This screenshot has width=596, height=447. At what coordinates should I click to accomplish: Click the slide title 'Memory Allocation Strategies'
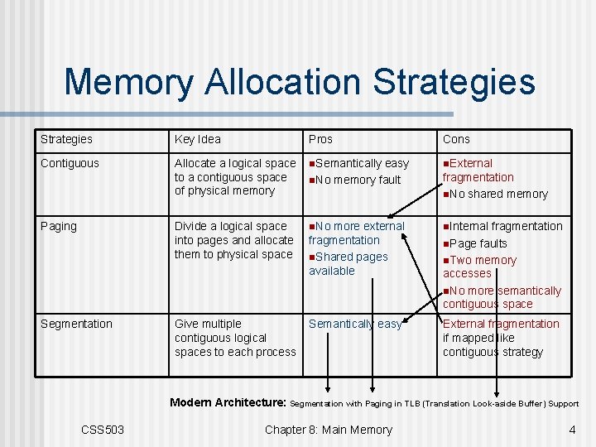299,82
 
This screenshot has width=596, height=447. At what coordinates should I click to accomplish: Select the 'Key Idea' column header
197,139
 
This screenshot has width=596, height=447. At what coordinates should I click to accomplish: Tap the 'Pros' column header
320,139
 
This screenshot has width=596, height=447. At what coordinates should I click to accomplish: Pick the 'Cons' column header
456,139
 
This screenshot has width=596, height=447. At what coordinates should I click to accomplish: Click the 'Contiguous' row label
70,163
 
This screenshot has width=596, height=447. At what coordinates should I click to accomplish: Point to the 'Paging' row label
58,226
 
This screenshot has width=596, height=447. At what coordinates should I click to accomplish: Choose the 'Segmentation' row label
76,324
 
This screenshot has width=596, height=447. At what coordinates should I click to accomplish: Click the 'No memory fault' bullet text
357,180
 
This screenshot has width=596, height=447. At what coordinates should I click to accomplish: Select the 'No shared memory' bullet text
497,194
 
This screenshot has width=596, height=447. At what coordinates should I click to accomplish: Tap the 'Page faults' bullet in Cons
478,243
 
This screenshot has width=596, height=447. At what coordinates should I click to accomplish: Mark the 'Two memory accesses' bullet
480,267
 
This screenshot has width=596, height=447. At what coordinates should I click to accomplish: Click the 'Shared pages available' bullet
348,263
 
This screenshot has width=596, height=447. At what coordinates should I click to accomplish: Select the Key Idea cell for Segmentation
234,338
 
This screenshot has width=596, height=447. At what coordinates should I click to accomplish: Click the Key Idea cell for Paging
233,240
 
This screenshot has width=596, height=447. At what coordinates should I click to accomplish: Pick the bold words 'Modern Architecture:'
228,403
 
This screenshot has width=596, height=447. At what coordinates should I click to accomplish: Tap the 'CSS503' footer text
103,430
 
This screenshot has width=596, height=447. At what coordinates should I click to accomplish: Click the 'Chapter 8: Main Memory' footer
328,430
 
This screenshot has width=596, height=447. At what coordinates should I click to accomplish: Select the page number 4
572,430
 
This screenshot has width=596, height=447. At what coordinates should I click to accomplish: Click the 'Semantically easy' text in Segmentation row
355,324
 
